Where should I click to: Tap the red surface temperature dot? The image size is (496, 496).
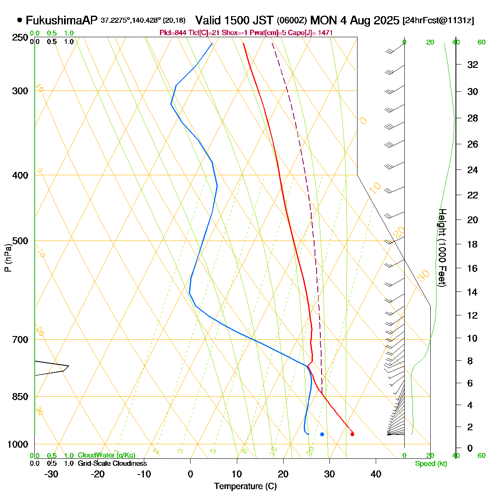pos(352,434)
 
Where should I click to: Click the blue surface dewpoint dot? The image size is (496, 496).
pos(322,434)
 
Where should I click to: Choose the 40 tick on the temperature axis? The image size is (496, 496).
pos(376,474)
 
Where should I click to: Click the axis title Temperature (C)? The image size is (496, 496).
pos(246,486)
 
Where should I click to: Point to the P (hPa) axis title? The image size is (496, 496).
pos(7,258)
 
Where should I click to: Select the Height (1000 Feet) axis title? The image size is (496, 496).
pos(442,248)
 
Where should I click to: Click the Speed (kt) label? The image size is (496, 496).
pos(431,464)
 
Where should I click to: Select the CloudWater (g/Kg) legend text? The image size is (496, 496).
pos(106,455)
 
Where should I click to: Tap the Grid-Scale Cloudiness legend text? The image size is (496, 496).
pos(112,464)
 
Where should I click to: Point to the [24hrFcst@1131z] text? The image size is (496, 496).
pos(439,21)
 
